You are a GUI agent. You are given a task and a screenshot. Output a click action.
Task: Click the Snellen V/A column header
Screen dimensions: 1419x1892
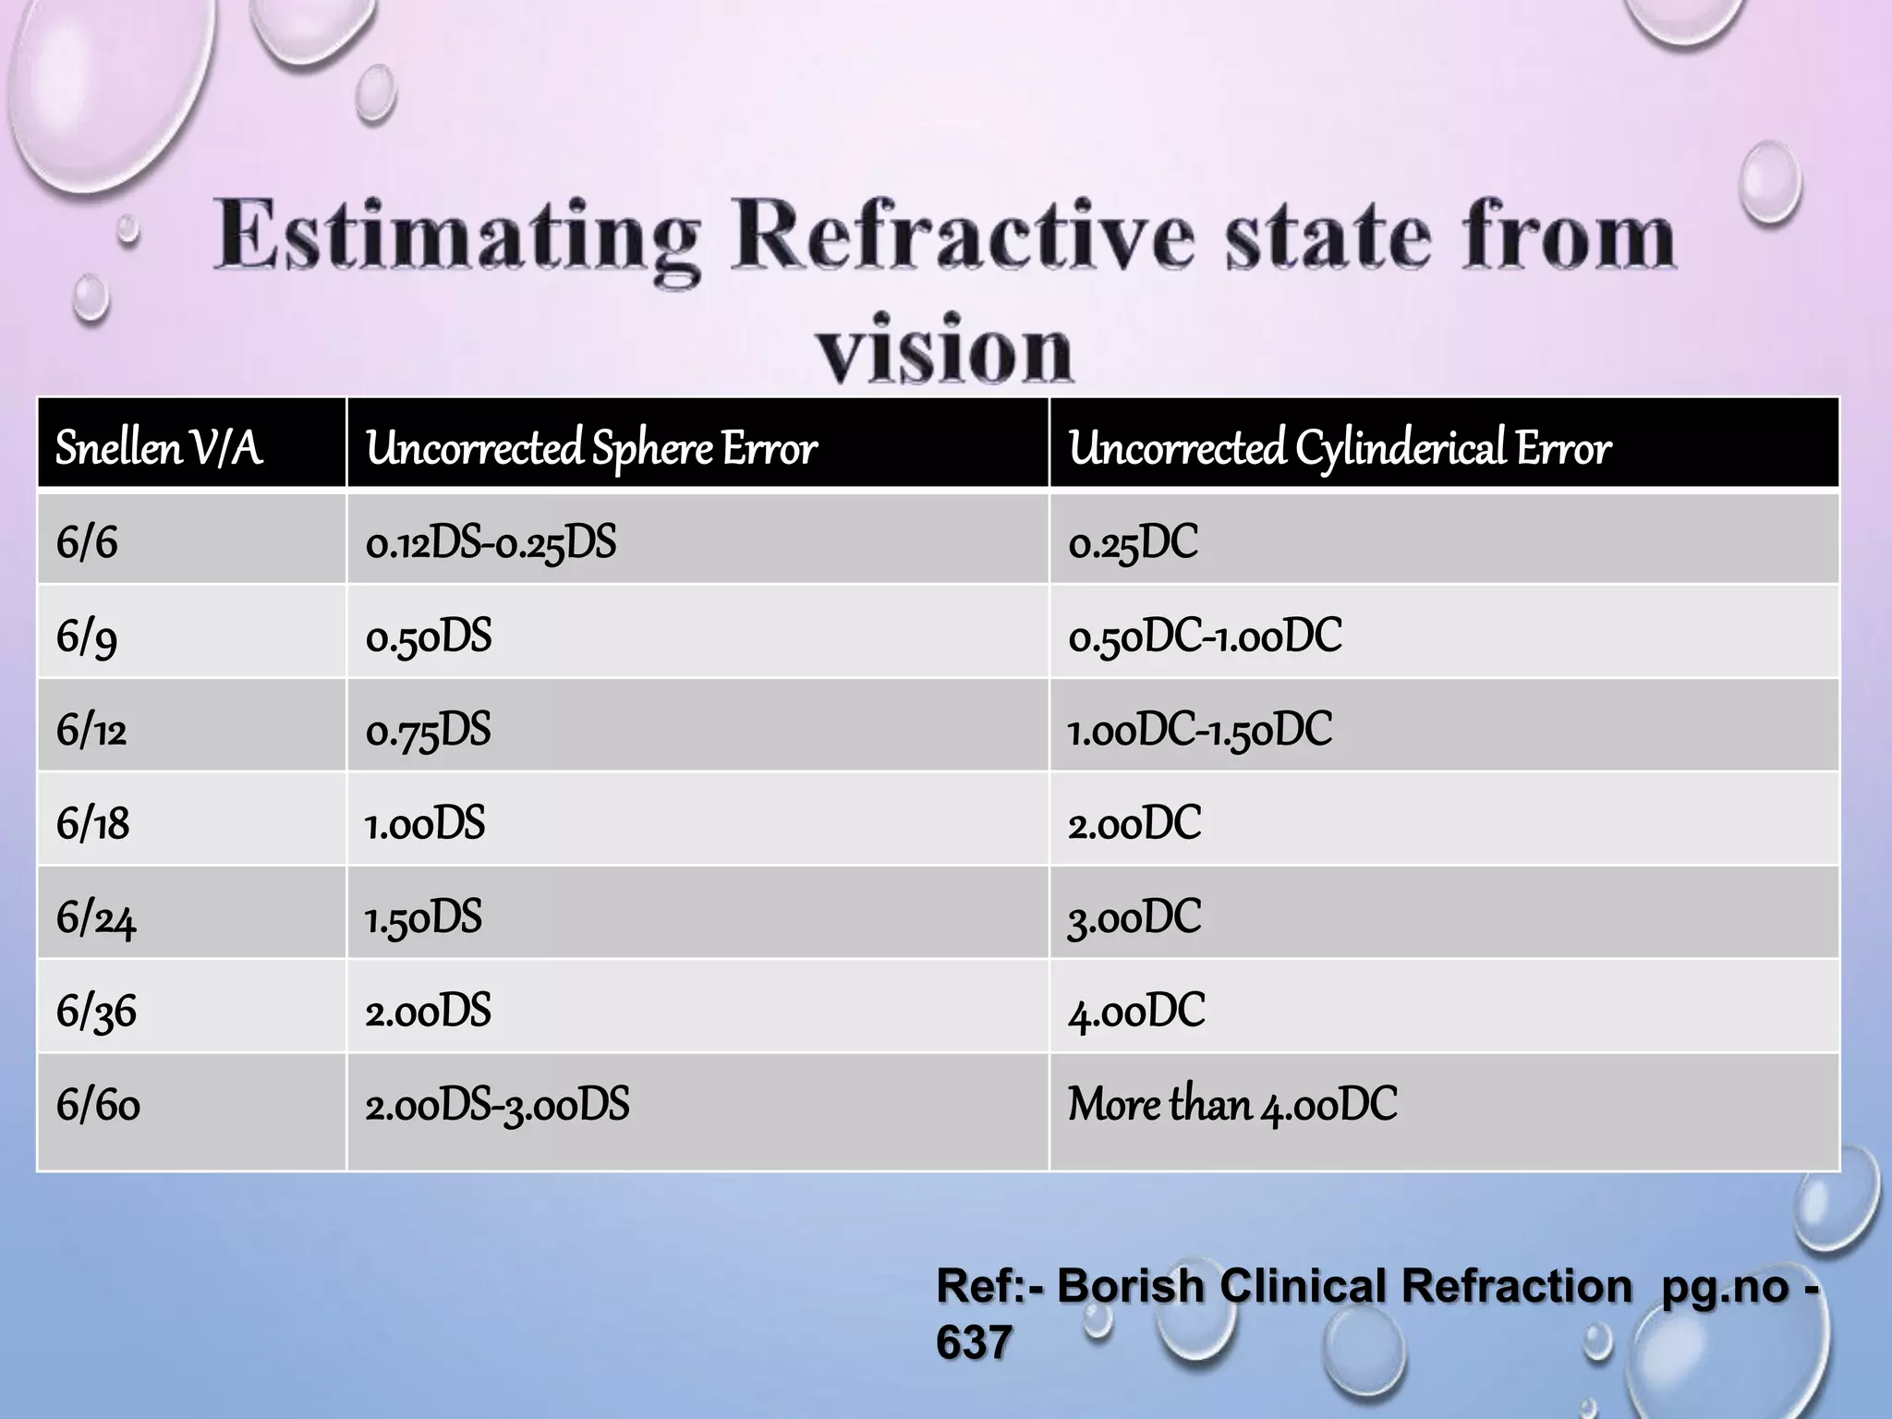[159, 448]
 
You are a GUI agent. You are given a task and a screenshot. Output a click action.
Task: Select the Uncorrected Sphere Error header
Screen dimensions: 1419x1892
[591, 448]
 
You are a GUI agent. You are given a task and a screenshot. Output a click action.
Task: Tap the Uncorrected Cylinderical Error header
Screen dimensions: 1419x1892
[1340, 448]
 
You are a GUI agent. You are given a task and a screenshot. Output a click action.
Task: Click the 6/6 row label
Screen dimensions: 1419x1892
[87, 542]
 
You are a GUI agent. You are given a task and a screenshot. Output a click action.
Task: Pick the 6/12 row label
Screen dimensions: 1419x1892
[91, 730]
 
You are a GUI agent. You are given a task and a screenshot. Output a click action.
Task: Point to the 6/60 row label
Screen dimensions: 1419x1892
[98, 1105]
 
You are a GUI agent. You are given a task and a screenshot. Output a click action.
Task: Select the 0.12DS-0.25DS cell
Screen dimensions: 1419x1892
[491, 542]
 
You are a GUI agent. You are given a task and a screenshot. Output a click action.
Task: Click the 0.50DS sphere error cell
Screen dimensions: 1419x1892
[429, 637]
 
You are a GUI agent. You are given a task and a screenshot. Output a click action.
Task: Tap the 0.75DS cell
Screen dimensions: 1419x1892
[429, 730]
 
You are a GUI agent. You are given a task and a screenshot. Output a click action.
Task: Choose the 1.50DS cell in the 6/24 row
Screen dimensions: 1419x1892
[424, 917]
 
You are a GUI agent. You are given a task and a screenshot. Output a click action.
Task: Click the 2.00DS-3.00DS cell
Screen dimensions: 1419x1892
[497, 1105]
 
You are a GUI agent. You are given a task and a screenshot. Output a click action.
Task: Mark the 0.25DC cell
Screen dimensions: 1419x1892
[1133, 542]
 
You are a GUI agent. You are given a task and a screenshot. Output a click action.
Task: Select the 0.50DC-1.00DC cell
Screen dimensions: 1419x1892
[1205, 637]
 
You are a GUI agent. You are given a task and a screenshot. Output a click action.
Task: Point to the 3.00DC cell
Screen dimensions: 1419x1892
[1134, 917]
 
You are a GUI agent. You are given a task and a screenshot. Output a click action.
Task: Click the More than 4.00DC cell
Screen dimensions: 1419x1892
[1232, 1105]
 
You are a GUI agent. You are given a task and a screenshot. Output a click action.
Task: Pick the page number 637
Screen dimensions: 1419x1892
[974, 1342]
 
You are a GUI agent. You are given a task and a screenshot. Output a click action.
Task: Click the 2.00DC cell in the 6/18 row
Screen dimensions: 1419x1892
[1134, 823]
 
